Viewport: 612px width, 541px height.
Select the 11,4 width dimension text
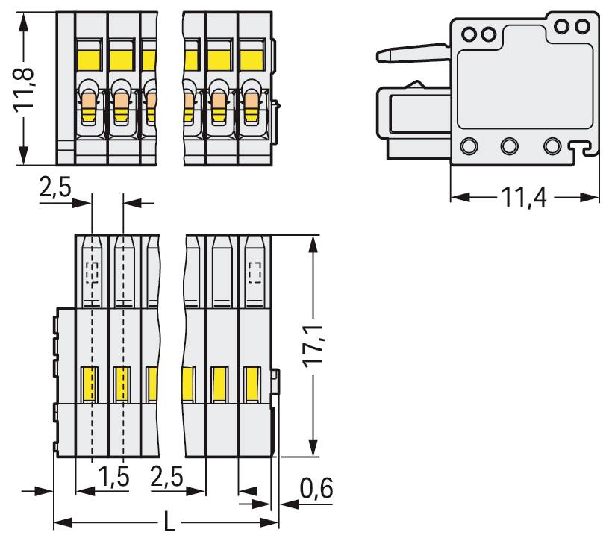pos(522,198)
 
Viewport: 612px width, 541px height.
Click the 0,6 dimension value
pos(316,490)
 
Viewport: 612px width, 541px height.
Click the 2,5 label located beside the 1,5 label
pos(168,476)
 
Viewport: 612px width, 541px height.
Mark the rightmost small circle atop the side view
pos(583,27)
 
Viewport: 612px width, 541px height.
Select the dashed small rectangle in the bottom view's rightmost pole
pos(255,274)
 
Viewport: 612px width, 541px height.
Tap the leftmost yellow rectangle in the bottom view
pos(91,384)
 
